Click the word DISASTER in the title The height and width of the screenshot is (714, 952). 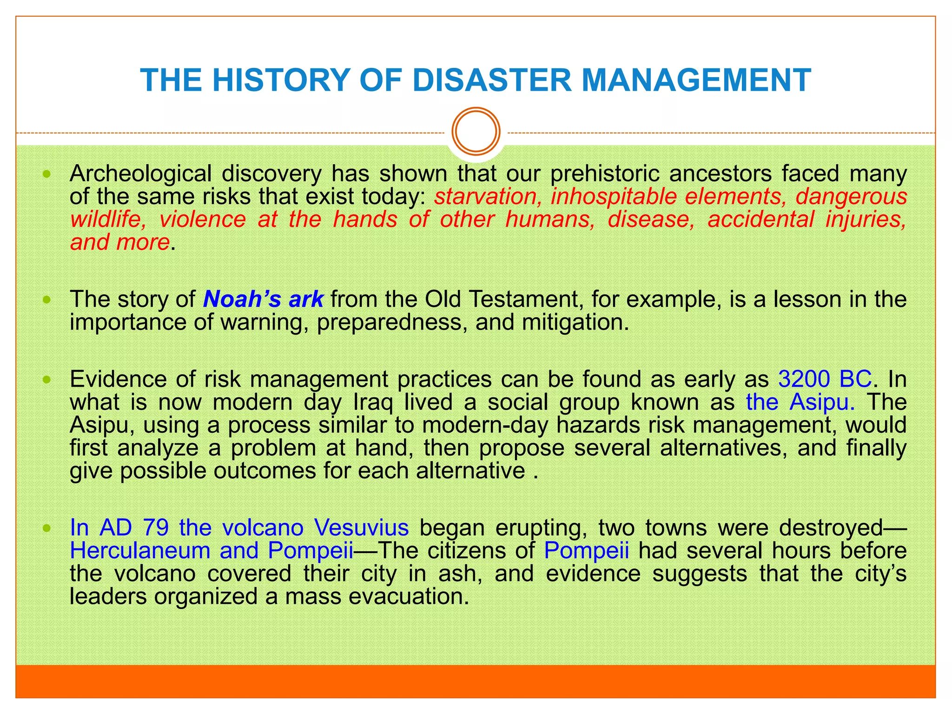[x=492, y=80]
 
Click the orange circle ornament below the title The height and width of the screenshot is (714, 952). [x=476, y=131]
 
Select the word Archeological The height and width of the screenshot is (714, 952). [x=140, y=174]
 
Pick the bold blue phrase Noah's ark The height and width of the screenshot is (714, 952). [x=263, y=299]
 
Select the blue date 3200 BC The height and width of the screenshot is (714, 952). [x=825, y=379]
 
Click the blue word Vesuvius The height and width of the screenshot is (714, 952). [x=361, y=528]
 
